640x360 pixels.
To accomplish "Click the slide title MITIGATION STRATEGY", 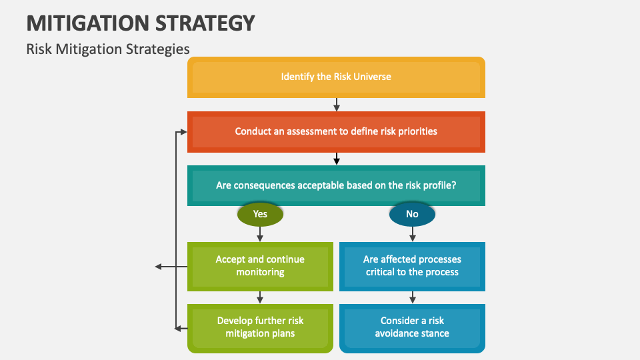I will coord(141,23).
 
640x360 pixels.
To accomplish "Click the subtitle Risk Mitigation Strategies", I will coord(108,49).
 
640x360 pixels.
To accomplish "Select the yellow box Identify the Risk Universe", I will coord(336,77).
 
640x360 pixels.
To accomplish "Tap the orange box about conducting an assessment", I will coord(336,131).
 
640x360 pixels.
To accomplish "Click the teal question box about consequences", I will coord(336,185).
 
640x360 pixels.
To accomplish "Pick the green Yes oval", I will coord(260,214).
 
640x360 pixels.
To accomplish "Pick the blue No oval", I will coord(412,214).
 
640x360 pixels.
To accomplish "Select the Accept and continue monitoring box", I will coord(260,266).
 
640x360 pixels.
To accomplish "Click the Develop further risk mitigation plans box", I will coord(260,327).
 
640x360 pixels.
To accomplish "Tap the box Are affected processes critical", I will coord(412,266).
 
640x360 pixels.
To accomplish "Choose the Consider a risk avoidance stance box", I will coord(412,327).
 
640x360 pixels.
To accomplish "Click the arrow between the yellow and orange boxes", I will coord(337,105).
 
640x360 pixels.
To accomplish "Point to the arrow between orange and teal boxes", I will coord(337,159).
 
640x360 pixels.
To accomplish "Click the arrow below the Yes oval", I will coord(260,233).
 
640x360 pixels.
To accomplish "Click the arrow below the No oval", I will coord(412,233).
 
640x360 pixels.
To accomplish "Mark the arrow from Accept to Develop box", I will coord(260,297).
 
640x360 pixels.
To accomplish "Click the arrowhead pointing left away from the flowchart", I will coord(159,267).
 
